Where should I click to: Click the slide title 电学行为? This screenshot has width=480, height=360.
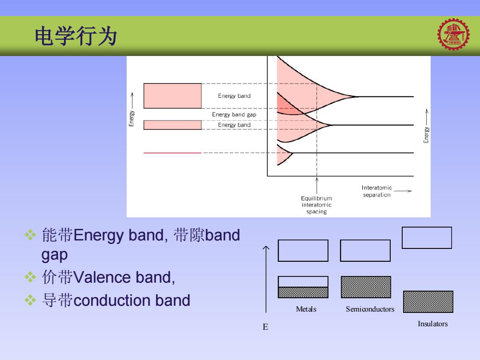pos(76,36)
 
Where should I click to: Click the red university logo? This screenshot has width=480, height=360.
pos(453,34)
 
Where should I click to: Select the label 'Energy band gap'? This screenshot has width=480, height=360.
pos(234,115)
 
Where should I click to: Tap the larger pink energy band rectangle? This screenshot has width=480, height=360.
pos(172,96)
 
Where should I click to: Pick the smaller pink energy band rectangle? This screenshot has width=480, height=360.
pos(172,125)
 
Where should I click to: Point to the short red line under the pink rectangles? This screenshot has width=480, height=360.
pos(172,152)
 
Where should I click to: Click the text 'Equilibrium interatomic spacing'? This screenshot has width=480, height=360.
pos(316,205)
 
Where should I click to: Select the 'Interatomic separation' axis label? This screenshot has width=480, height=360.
pos(376,191)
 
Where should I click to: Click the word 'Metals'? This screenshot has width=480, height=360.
pos(306,309)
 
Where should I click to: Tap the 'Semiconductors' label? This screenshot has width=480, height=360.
pos(370,309)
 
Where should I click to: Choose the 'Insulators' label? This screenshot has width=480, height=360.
pos(432,324)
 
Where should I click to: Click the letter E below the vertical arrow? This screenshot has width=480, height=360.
pos(265,327)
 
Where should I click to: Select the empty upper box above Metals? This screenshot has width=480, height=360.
pos(303,251)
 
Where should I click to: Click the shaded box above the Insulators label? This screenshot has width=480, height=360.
pos(428,302)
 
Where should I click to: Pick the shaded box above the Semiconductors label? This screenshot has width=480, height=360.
pos(366,287)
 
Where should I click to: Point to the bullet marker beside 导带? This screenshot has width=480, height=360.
pos(30,300)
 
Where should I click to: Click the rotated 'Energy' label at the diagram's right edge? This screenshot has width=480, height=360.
pos(426,135)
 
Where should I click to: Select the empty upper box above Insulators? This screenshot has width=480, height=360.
pos(427,238)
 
